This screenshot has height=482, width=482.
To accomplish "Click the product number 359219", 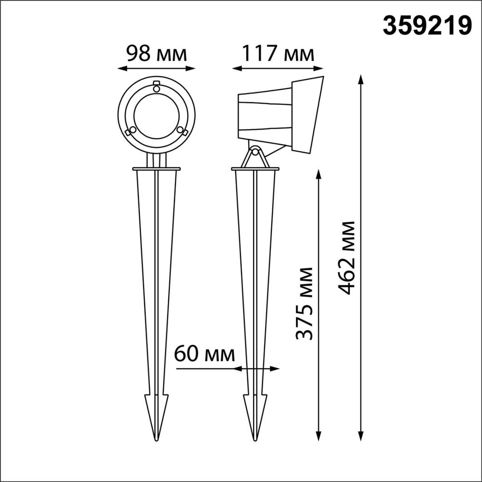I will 427,26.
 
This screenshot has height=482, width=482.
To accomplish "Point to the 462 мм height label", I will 347,258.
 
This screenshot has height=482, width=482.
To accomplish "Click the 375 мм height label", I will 305,303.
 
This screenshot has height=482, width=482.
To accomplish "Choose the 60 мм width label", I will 204,355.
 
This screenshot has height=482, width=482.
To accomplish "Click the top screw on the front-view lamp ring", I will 156,87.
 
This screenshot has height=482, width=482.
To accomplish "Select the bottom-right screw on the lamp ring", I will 180,130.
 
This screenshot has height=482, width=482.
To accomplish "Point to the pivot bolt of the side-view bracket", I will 255,152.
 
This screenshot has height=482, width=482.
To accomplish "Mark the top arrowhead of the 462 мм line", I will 361,79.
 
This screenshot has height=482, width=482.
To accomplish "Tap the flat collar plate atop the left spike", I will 156,169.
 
